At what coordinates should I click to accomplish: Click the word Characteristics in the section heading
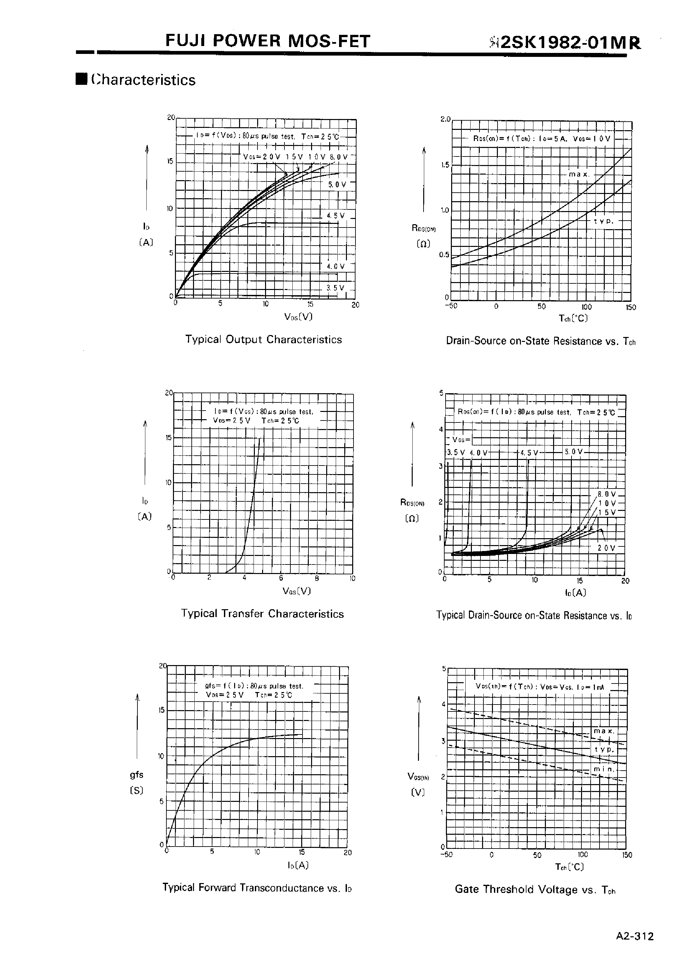point(143,80)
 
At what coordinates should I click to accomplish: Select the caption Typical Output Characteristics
point(264,340)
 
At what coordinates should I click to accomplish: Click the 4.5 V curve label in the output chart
point(336,216)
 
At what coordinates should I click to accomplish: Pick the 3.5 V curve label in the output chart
point(335,288)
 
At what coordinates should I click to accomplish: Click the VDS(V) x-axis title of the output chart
point(298,317)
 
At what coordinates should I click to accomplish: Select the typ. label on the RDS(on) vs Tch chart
point(603,221)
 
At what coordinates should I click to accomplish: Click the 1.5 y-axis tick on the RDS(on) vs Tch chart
point(445,165)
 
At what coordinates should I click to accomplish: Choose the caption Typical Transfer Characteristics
point(262,614)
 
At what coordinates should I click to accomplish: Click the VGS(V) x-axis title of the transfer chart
point(297,591)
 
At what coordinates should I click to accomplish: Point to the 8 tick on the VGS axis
point(317,578)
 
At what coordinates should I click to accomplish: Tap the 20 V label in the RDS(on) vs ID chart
point(606,548)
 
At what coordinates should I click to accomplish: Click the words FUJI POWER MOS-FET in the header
point(268,41)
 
